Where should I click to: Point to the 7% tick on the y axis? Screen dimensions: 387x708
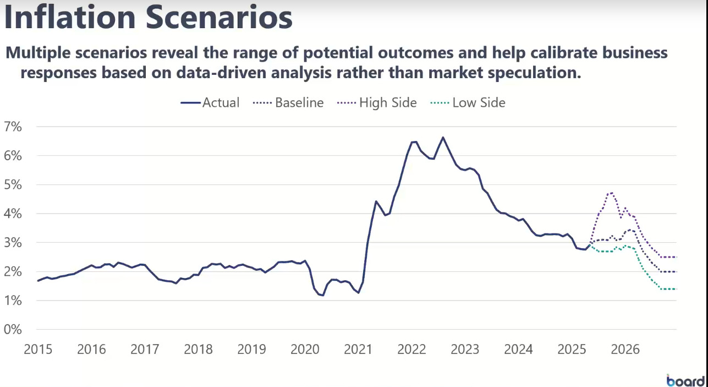[13, 127]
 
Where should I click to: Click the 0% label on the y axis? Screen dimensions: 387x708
[13, 330]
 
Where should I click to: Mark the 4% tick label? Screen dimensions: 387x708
[13, 214]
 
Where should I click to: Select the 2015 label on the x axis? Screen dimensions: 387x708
[38, 349]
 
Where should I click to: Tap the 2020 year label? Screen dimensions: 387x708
[305, 349]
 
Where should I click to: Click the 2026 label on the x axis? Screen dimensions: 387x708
[625, 349]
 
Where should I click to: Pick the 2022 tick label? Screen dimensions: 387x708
[411, 349]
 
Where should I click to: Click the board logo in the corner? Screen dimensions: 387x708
[685, 380]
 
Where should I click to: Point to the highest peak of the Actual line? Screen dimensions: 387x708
[443, 138]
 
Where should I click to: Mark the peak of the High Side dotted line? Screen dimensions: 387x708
[611, 193]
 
